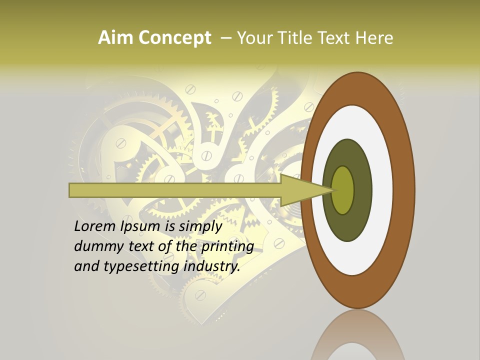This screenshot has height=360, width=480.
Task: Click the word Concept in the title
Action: point(174,38)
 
